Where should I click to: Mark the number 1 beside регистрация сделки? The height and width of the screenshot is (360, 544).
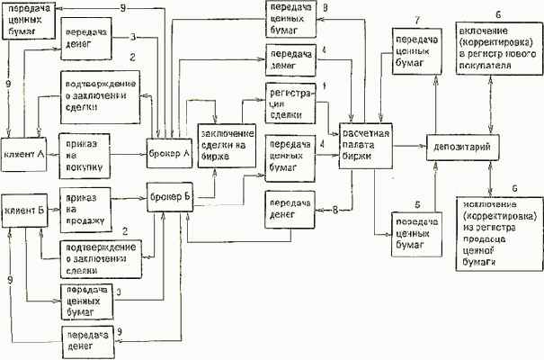325,86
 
